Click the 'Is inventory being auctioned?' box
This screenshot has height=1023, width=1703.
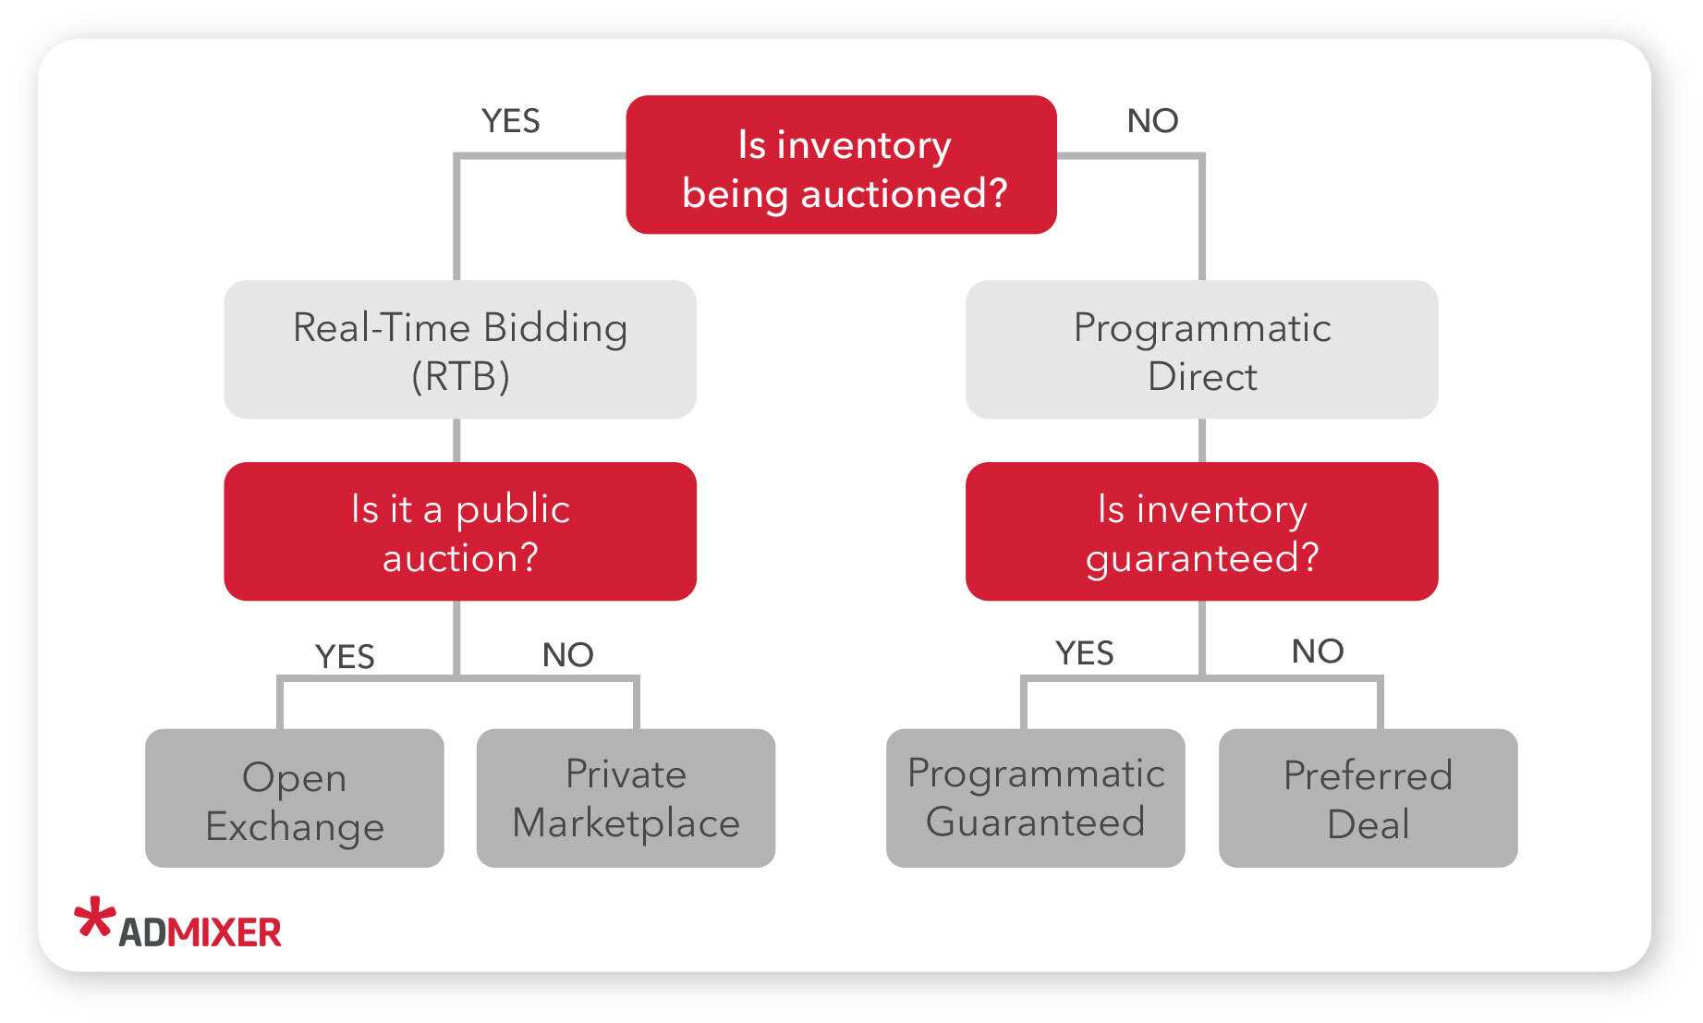point(841,164)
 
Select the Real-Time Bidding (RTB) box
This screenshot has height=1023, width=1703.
point(460,349)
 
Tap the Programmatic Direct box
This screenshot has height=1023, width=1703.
point(1201,349)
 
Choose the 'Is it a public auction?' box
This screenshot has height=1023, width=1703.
point(460,531)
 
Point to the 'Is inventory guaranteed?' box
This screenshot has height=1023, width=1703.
point(1201,531)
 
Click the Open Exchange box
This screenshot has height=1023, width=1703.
point(295,798)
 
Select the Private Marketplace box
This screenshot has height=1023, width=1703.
point(626,798)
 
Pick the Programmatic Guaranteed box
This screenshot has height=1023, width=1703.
point(1035,798)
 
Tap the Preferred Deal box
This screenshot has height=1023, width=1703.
point(1368,798)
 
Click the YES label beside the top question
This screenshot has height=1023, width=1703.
point(510,121)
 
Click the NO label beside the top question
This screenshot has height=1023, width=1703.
point(1152,121)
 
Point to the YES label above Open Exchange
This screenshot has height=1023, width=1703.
point(345,656)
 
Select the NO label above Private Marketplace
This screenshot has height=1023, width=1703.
point(567,655)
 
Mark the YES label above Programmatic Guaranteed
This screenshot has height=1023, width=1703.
point(1084,653)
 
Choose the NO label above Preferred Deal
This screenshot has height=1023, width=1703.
point(1318,652)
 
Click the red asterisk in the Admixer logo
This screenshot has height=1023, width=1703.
point(95,918)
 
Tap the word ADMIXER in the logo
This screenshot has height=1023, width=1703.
point(200,932)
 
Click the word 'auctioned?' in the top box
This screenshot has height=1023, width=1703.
point(903,194)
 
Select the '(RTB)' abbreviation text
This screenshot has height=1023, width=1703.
point(460,376)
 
